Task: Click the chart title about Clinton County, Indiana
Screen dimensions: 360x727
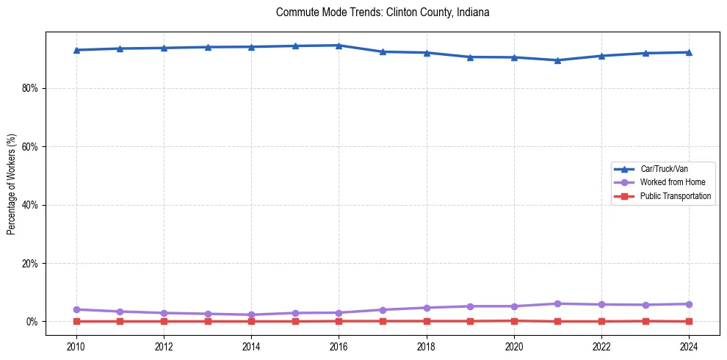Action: point(383,12)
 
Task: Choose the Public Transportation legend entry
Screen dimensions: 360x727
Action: point(675,196)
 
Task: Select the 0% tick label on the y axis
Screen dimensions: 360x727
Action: point(32,322)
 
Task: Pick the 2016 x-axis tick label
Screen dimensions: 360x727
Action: point(339,347)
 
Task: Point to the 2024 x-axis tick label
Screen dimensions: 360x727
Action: point(689,347)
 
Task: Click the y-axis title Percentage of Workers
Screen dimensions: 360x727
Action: point(11,184)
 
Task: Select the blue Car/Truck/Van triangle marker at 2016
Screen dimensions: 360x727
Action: point(339,46)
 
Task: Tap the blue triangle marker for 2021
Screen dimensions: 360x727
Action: point(557,60)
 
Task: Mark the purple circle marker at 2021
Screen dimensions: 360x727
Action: point(557,303)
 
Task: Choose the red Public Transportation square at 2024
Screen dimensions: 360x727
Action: point(689,321)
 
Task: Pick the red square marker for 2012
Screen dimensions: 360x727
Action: point(164,321)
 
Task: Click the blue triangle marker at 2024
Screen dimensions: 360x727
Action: point(689,52)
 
